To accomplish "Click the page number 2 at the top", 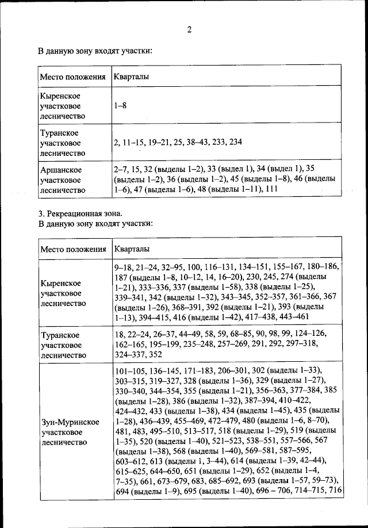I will [x=189, y=29].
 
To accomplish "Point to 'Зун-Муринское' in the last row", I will [x=70, y=422].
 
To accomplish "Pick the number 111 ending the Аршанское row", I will [x=271, y=189].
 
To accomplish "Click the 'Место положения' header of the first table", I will [x=73, y=76].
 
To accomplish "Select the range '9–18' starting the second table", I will [x=125, y=267].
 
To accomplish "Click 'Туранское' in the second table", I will [x=60, y=335].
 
